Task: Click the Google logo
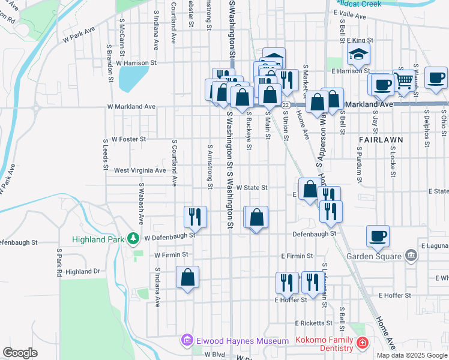coord(20,353)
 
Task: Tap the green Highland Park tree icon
coord(133,239)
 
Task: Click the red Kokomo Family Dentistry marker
coord(361,343)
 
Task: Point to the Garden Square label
coord(373,257)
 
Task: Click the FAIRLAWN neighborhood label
coord(381,139)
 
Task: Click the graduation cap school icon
coord(358,55)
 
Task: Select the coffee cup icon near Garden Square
coord(378,236)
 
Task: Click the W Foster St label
coord(127,139)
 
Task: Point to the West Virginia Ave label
coord(140,170)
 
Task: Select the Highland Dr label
coord(83,272)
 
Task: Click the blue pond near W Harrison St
coord(133,77)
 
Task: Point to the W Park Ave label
coord(79,34)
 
